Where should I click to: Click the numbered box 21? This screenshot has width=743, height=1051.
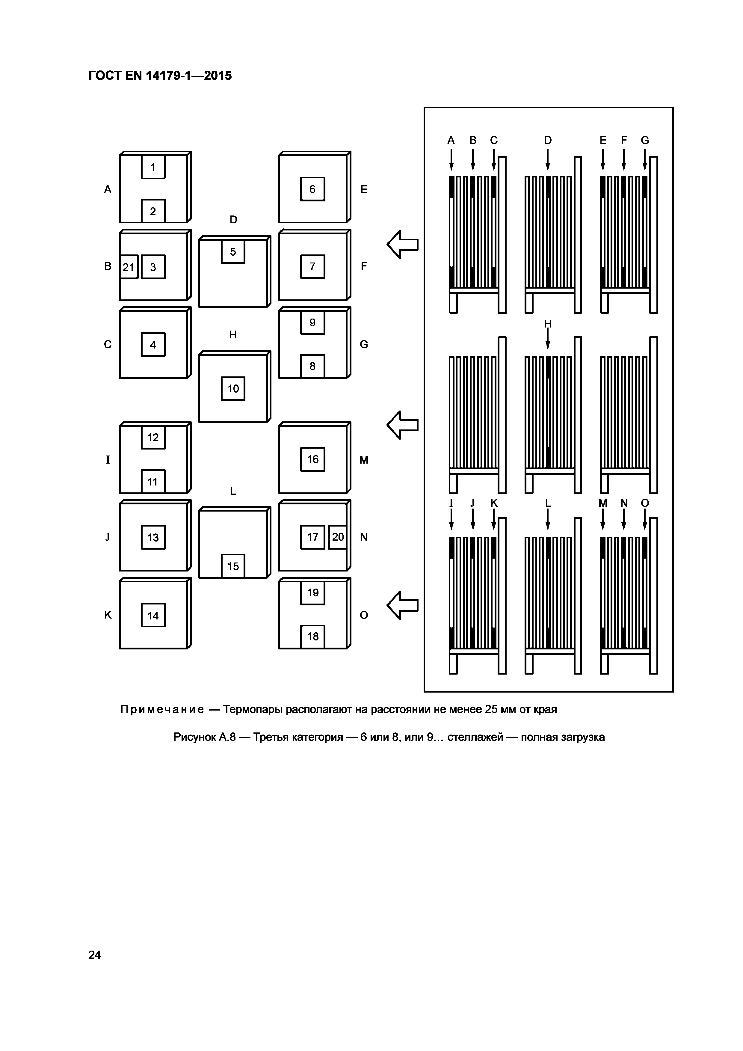pyautogui.click(x=129, y=267)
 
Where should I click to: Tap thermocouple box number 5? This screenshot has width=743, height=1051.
pyautogui.click(x=233, y=252)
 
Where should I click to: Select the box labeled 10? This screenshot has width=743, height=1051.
pyautogui.click(x=233, y=389)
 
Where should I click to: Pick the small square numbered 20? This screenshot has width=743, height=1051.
pyautogui.click(x=338, y=537)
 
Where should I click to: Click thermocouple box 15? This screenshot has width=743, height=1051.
pyautogui.click(x=233, y=566)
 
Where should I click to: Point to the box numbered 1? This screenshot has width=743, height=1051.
pyautogui.click(x=153, y=167)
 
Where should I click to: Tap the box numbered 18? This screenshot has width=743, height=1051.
pyautogui.click(x=312, y=636)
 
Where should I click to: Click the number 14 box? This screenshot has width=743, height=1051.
pyautogui.click(x=153, y=615)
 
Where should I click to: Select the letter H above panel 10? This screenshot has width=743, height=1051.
pyautogui.click(x=233, y=335)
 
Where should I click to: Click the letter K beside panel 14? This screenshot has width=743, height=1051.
pyautogui.click(x=108, y=615)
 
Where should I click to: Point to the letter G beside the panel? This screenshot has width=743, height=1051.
pyautogui.click(x=364, y=344)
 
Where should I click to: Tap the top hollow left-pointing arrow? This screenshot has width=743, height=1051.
pyautogui.click(x=403, y=245)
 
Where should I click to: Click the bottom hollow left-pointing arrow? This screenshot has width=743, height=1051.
pyautogui.click(x=403, y=605)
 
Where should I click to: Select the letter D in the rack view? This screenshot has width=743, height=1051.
pyautogui.click(x=548, y=140)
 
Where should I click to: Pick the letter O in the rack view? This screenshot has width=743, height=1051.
pyautogui.click(x=645, y=503)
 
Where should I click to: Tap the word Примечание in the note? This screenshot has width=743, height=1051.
pyautogui.click(x=162, y=710)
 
